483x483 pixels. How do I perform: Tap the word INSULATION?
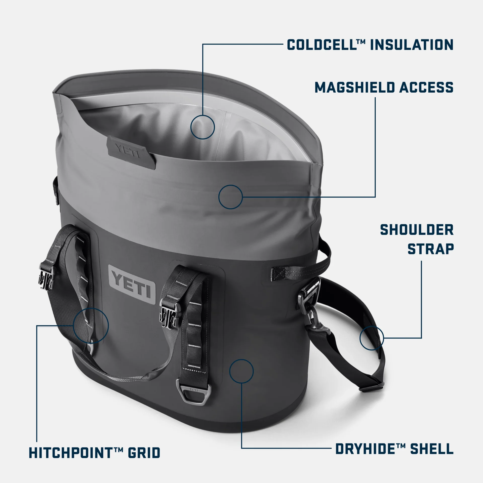pos(412,45)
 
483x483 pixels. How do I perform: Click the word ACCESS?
pos(426,88)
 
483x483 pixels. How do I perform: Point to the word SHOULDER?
pos(417,230)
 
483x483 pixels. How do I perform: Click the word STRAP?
pos(430,249)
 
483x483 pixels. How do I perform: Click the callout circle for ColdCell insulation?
pos(203,127)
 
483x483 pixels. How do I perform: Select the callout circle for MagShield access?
pos(230,197)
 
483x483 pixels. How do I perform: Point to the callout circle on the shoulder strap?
pos(372,338)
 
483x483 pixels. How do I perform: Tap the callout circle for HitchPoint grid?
pos(91,325)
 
